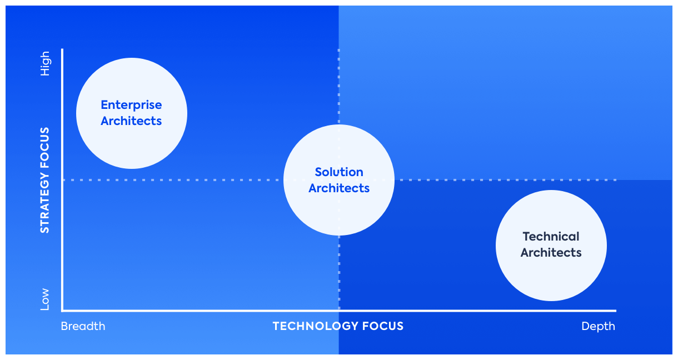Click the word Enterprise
pyautogui.click(x=131, y=105)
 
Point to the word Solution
pyautogui.click(x=339, y=172)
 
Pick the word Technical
pyautogui.click(x=551, y=237)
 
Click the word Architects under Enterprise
pyautogui.click(x=131, y=121)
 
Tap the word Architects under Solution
pyautogui.click(x=339, y=188)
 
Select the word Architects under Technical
pyautogui.click(x=551, y=253)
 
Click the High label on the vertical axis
pyautogui.click(x=45, y=63)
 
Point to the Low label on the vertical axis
pyautogui.click(x=45, y=299)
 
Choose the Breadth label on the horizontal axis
pyautogui.click(x=83, y=326)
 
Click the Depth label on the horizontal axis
pyautogui.click(x=598, y=326)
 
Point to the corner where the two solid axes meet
pyautogui.click(x=63, y=310)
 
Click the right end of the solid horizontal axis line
pyautogui.click(x=615, y=310)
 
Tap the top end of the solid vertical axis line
pyautogui.click(x=63, y=50)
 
